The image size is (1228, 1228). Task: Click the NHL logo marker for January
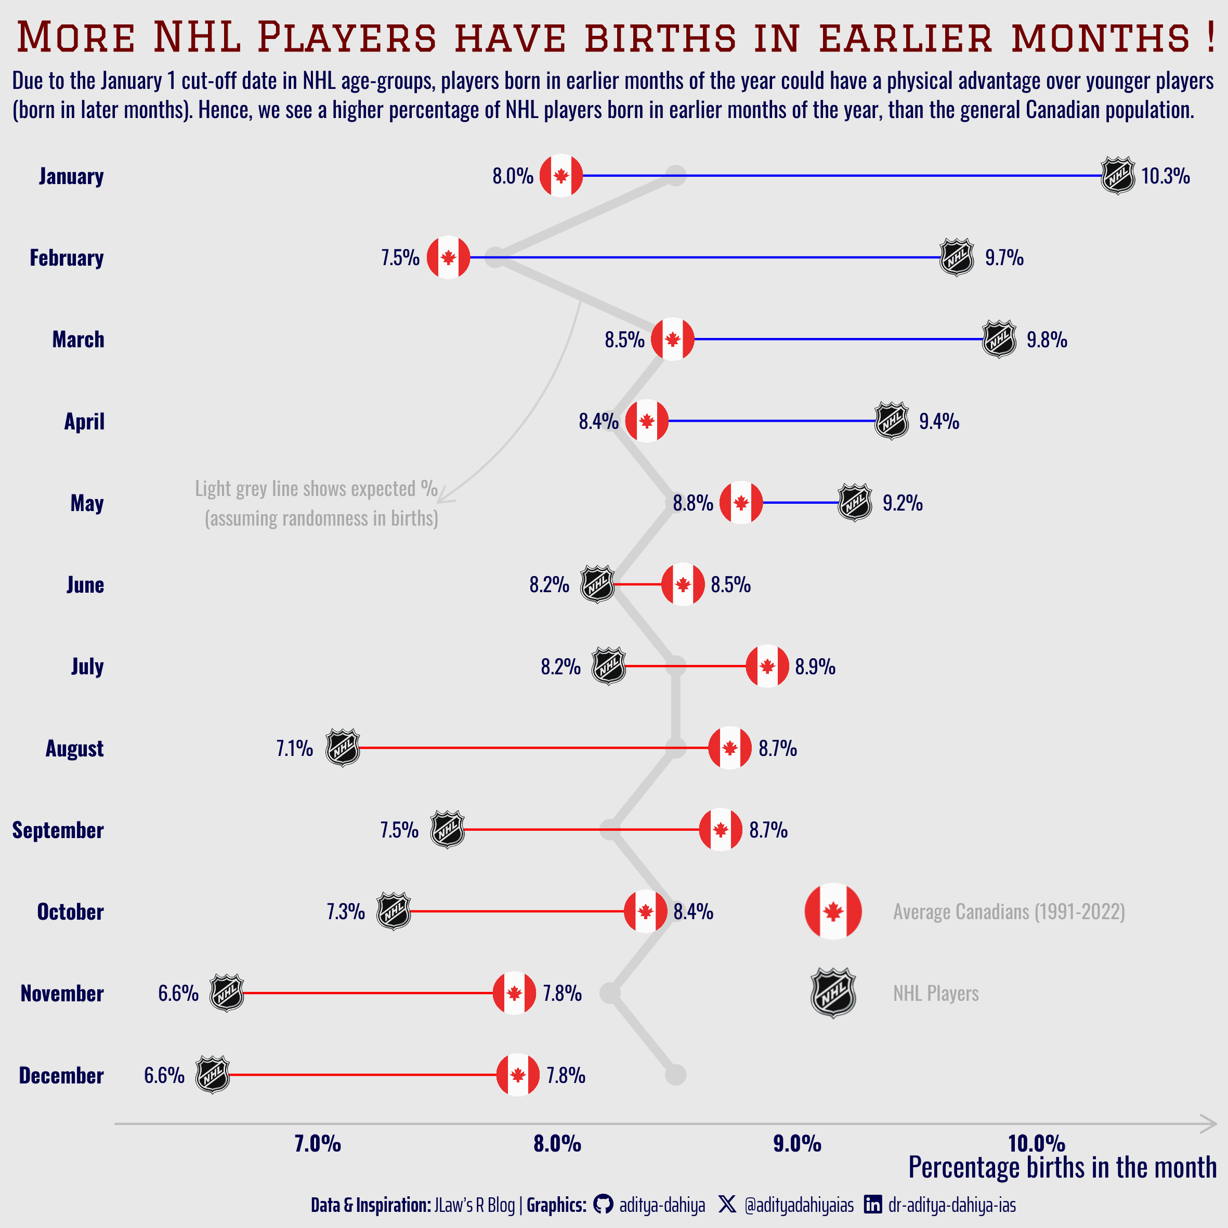1117,175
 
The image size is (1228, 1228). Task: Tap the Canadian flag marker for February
448,257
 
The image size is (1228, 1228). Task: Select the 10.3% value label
1165,176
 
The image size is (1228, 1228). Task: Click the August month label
74,748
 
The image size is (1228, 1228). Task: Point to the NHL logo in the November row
227,993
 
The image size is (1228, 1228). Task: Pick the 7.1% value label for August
294,748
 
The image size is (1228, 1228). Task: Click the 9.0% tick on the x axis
797,1144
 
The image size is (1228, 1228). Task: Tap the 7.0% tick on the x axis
318,1144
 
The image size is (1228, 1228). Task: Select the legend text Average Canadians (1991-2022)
1009,911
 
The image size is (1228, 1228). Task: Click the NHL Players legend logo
833,993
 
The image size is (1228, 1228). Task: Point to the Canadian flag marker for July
767,666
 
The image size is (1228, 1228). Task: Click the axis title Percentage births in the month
1062,1168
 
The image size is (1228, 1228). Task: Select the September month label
58,830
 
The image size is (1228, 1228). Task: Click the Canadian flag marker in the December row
517,1075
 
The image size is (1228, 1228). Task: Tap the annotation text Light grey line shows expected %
316,489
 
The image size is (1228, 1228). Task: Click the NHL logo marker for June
597,584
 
